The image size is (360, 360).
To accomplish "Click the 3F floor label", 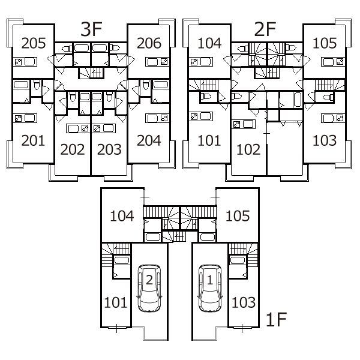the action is click(x=91, y=29).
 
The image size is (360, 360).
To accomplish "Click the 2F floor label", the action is click(x=265, y=29).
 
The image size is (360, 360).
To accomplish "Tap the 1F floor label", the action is click(x=276, y=319).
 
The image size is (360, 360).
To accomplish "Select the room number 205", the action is click(x=34, y=43).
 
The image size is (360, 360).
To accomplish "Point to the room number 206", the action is click(x=149, y=43).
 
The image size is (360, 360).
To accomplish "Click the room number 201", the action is click(x=33, y=140).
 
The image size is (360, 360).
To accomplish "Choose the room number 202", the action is click(x=73, y=149).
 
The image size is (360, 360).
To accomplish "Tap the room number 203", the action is click(x=109, y=149).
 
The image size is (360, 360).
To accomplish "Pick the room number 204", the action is click(x=149, y=140).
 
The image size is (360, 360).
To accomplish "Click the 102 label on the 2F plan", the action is click(x=248, y=149).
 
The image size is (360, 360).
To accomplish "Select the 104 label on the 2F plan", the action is click(x=209, y=43).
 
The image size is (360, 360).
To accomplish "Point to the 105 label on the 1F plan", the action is click(x=238, y=216).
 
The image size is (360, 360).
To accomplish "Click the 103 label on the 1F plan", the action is click(x=244, y=302).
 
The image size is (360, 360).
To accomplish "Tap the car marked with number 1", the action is click(x=210, y=289).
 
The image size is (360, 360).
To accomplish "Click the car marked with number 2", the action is click(x=149, y=289).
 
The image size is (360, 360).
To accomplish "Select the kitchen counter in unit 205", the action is click(x=25, y=62).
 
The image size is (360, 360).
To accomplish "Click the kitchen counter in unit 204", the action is click(x=157, y=118).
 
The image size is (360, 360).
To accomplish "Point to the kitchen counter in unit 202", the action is click(x=78, y=128).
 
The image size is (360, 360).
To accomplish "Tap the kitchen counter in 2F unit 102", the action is click(x=244, y=124).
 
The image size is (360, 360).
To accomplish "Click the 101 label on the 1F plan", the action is click(x=115, y=302).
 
